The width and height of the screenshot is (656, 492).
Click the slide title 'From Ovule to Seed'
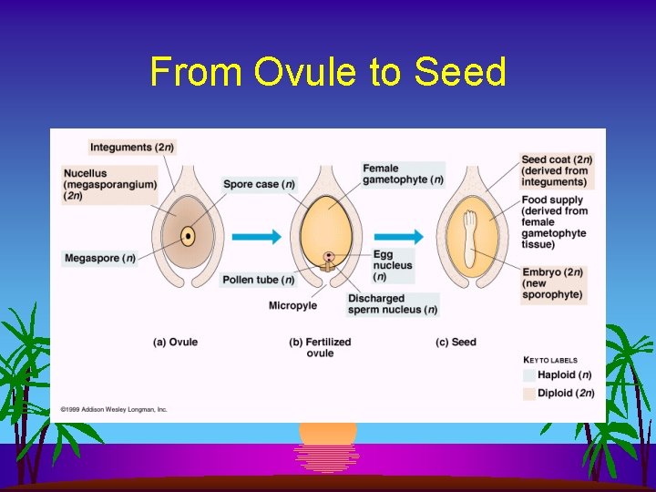pyautogui.click(x=328, y=72)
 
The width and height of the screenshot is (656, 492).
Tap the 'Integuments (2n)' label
pyautogui.click(x=131, y=147)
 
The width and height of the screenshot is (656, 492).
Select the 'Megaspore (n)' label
pyautogui.click(x=99, y=259)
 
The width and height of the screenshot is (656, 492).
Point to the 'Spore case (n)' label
pyautogui.click(x=259, y=184)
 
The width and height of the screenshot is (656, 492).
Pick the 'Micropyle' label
pyautogui.click(x=292, y=306)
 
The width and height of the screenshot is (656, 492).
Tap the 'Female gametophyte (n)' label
pyautogui.click(x=402, y=174)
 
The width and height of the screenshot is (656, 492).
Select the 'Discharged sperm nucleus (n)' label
pyautogui.click(x=392, y=304)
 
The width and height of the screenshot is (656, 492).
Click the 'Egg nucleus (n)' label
pyautogui.click(x=393, y=265)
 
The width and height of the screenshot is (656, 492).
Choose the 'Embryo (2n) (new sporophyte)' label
pyautogui.click(x=552, y=283)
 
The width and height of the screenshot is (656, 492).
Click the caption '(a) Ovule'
pyautogui.click(x=175, y=343)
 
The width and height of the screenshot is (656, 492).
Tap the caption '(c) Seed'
pyautogui.click(x=456, y=343)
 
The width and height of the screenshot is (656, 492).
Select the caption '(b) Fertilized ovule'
pyautogui.click(x=320, y=347)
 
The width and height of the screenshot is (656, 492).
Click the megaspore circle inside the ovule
pyautogui.click(x=188, y=237)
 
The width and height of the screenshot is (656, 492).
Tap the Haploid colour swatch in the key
pyautogui.click(x=529, y=374)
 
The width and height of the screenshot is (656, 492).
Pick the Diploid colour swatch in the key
pyautogui.click(x=529, y=393)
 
